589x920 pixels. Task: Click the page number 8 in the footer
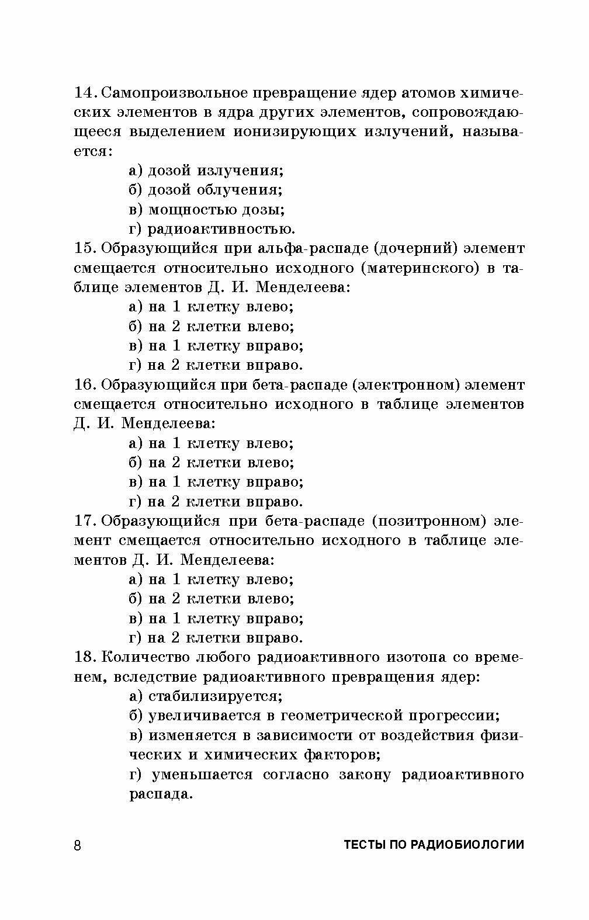[78, 846]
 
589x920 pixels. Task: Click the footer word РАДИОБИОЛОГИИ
[468, 845]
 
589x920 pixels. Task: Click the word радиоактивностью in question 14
[221, 229]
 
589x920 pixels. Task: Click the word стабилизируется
[216, 697]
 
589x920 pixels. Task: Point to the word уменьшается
[202, 775]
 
